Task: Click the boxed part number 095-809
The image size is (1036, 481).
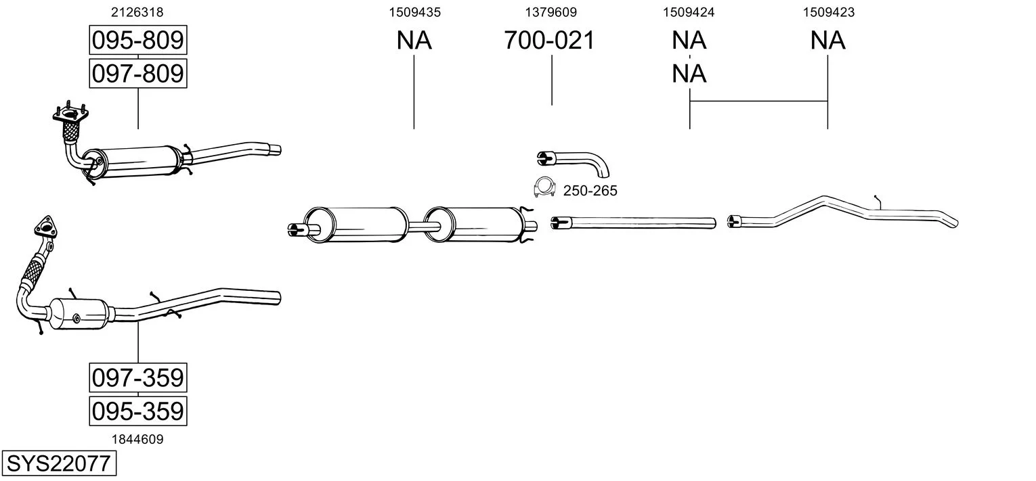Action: (137, 41)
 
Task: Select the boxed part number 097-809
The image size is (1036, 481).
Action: (137, 73)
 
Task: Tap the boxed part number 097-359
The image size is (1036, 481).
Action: (137, 377)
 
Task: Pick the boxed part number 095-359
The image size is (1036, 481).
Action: (137, 411)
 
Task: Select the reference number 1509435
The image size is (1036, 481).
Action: (414, 12)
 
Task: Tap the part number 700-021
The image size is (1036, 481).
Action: (549, 41)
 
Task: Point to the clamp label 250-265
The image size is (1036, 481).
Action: (590, 191)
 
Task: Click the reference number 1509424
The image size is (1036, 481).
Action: (689, 12)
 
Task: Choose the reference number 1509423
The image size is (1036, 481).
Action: (828, 12)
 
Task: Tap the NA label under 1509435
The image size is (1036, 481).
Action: (414, 41)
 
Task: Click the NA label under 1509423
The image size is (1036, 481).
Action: (828, 41)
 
